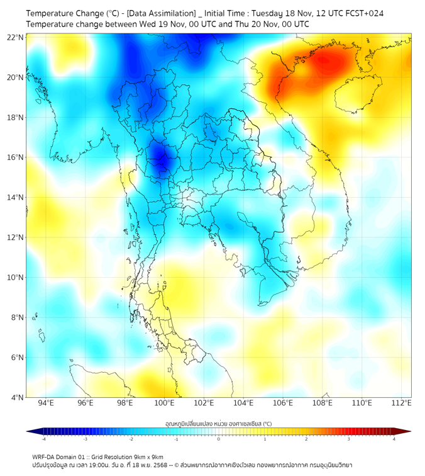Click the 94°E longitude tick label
click(x=46, y=403)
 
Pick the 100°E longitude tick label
click(x=165, y=403)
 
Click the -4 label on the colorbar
click(x=43, y=439)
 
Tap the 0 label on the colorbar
click(x=219, y=439)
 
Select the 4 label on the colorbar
click(x=394, y=439)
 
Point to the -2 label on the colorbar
click(x=131, y=439)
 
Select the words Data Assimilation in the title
click(x=160, y=13)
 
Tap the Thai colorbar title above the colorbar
click(x=218, y=424)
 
